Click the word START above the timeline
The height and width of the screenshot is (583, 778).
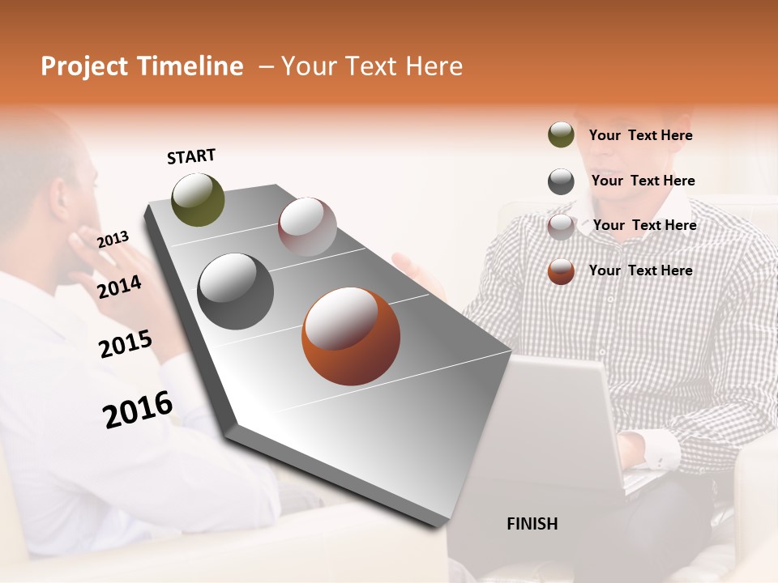[191, 156]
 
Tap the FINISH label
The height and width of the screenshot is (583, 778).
[532, 524]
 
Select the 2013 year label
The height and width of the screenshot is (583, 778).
[113, 239]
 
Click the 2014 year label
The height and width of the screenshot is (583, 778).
[120, 287]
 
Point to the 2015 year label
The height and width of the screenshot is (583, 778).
[126, 344]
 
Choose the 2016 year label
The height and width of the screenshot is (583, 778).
[138, 409]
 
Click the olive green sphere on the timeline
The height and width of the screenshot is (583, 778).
[199, 199]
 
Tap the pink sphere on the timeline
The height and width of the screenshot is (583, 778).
[307, 227]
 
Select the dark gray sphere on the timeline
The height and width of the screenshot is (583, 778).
[236, 291]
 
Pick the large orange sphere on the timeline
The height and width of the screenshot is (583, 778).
[351, 336]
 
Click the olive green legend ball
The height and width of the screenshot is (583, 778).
[561, 134]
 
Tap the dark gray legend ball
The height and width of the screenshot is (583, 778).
[561, 181]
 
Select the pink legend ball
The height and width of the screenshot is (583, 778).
[561, 227]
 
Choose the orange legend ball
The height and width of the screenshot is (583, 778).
[561, 271]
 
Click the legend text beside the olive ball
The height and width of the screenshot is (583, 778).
[640, 135]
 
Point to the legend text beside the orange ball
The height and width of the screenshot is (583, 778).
[640, 270]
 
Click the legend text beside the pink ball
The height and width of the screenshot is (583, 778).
[644, 225]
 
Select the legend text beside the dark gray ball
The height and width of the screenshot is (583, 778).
[643, 181]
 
